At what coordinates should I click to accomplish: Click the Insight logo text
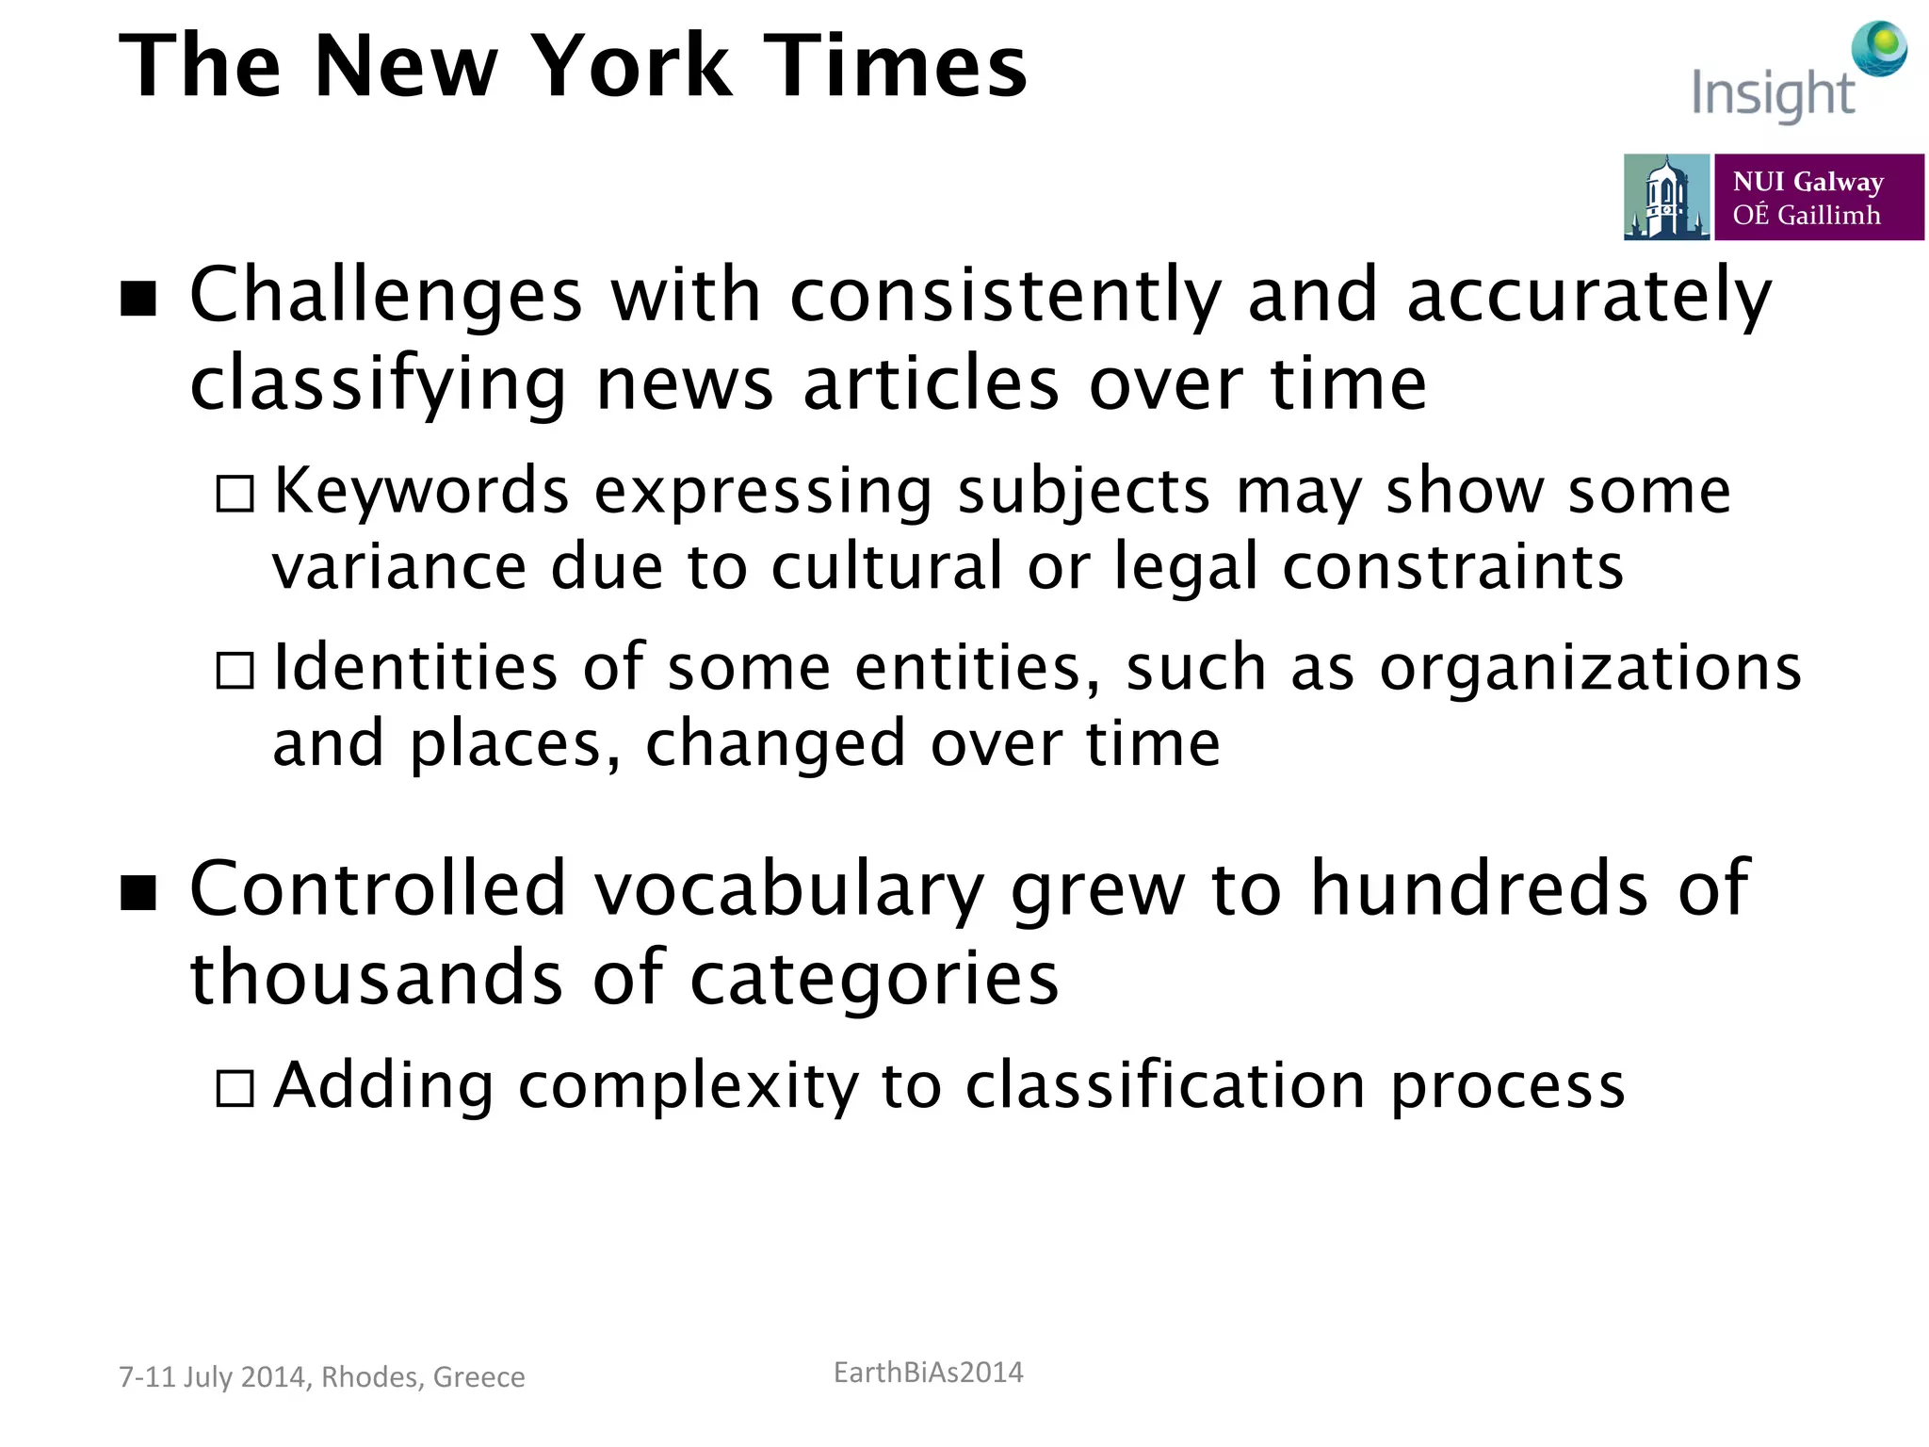click(x=1773, y=94)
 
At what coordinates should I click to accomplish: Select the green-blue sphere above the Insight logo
click(x=1879, y=49)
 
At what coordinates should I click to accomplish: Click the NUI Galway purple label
click(x=1818, y=198)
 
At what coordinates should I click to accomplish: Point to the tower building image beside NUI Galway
click(x=1666, y=198)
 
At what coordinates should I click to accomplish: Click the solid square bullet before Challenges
click(x=138, y=300)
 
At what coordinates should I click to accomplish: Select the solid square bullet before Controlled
click(x=138, y=893)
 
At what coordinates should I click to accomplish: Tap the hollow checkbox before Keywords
click(x=235, y=494)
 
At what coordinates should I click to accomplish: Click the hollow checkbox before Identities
click(x=235, y=671)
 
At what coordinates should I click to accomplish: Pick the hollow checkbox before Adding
click(x=235, y=1088)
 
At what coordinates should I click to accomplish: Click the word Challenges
click(x=386, y=296)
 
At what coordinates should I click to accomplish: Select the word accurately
click(x=1589, y=296)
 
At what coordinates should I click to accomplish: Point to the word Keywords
click(x=421, y=491)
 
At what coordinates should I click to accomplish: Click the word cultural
click(x=886, y=567)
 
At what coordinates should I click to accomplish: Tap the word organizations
click(x=1591, y=668)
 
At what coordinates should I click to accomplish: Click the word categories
click(x=874, y=979)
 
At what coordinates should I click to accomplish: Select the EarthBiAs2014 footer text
click(x=928, y=1373)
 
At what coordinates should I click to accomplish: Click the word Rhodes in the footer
click(x=370, y=1377)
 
